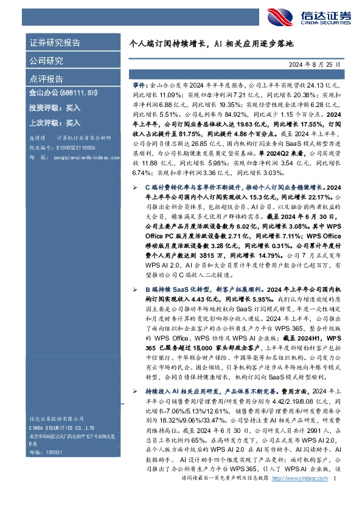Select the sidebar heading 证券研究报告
point(55,43)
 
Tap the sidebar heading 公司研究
point(46,61)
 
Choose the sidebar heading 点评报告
point(46,79)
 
